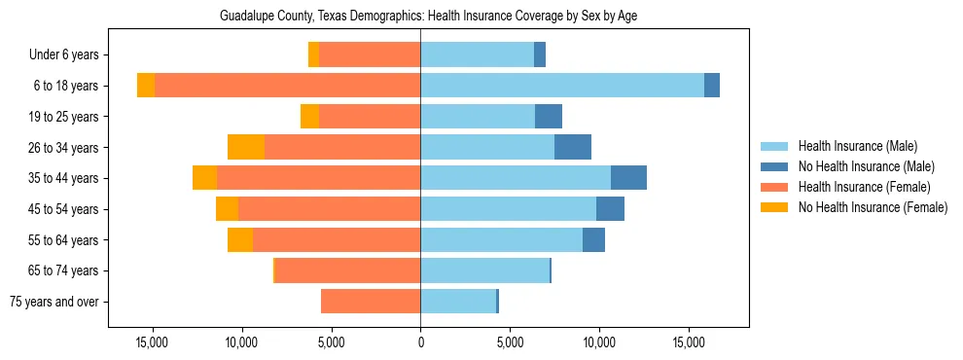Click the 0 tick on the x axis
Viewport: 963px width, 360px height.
point(420,342)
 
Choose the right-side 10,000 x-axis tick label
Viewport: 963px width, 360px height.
point(599,342)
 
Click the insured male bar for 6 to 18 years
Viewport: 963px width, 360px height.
point(562,86)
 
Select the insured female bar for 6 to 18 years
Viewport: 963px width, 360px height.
point(287,86)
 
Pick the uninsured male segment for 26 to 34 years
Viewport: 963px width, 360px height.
point(573,147)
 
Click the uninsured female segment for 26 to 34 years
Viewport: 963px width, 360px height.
point(246,147)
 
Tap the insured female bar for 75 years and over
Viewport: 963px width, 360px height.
point(371,302)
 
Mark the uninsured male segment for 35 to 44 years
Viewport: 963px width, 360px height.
point(628,178)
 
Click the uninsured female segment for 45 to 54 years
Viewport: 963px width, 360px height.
point(227,209)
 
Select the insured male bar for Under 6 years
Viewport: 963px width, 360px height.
point(477,55)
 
